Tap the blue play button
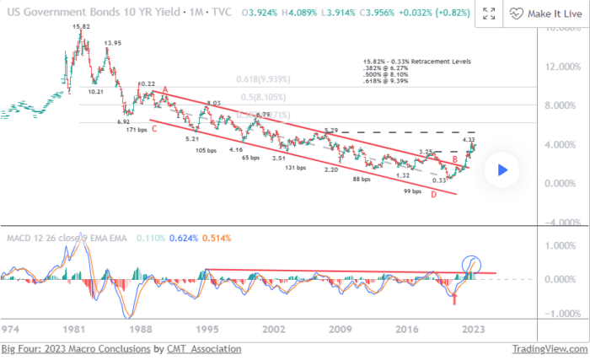point(501,169)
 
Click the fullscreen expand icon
point(488,14)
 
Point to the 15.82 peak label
point(82,27)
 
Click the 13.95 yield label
point(111,42)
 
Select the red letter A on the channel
point(166,90)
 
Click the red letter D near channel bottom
point(433,196)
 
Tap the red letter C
point(153,129)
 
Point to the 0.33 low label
point(439,180)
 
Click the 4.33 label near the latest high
point(469,140)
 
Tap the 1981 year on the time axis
point(76,329)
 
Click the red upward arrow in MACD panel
point(454,298)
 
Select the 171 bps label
point(136,131)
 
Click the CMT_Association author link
point(192,348)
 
